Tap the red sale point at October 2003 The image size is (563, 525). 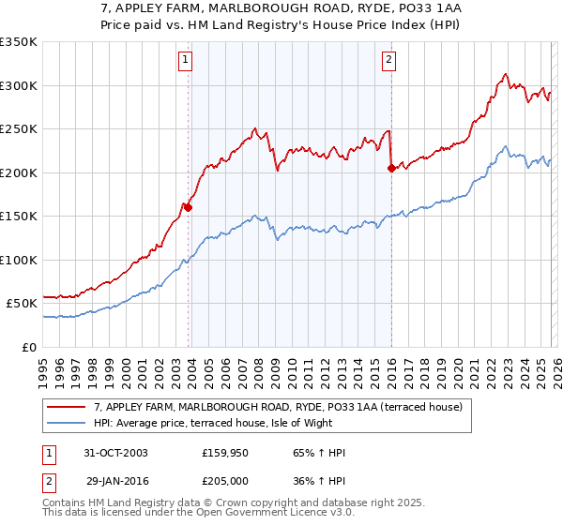(189, 207)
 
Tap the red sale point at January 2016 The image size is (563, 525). (391, 169)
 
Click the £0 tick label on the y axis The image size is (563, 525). (28, 347)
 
